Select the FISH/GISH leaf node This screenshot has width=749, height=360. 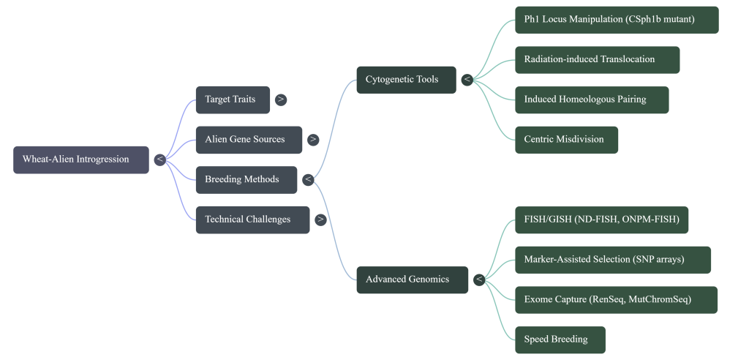pos(601,220)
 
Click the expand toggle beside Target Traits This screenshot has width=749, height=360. pos(281,100)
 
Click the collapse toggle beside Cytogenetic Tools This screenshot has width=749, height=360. pos(467,80)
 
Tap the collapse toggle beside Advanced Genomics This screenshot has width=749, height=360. pos(479,280)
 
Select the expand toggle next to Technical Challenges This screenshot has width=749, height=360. pos(320,220)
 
